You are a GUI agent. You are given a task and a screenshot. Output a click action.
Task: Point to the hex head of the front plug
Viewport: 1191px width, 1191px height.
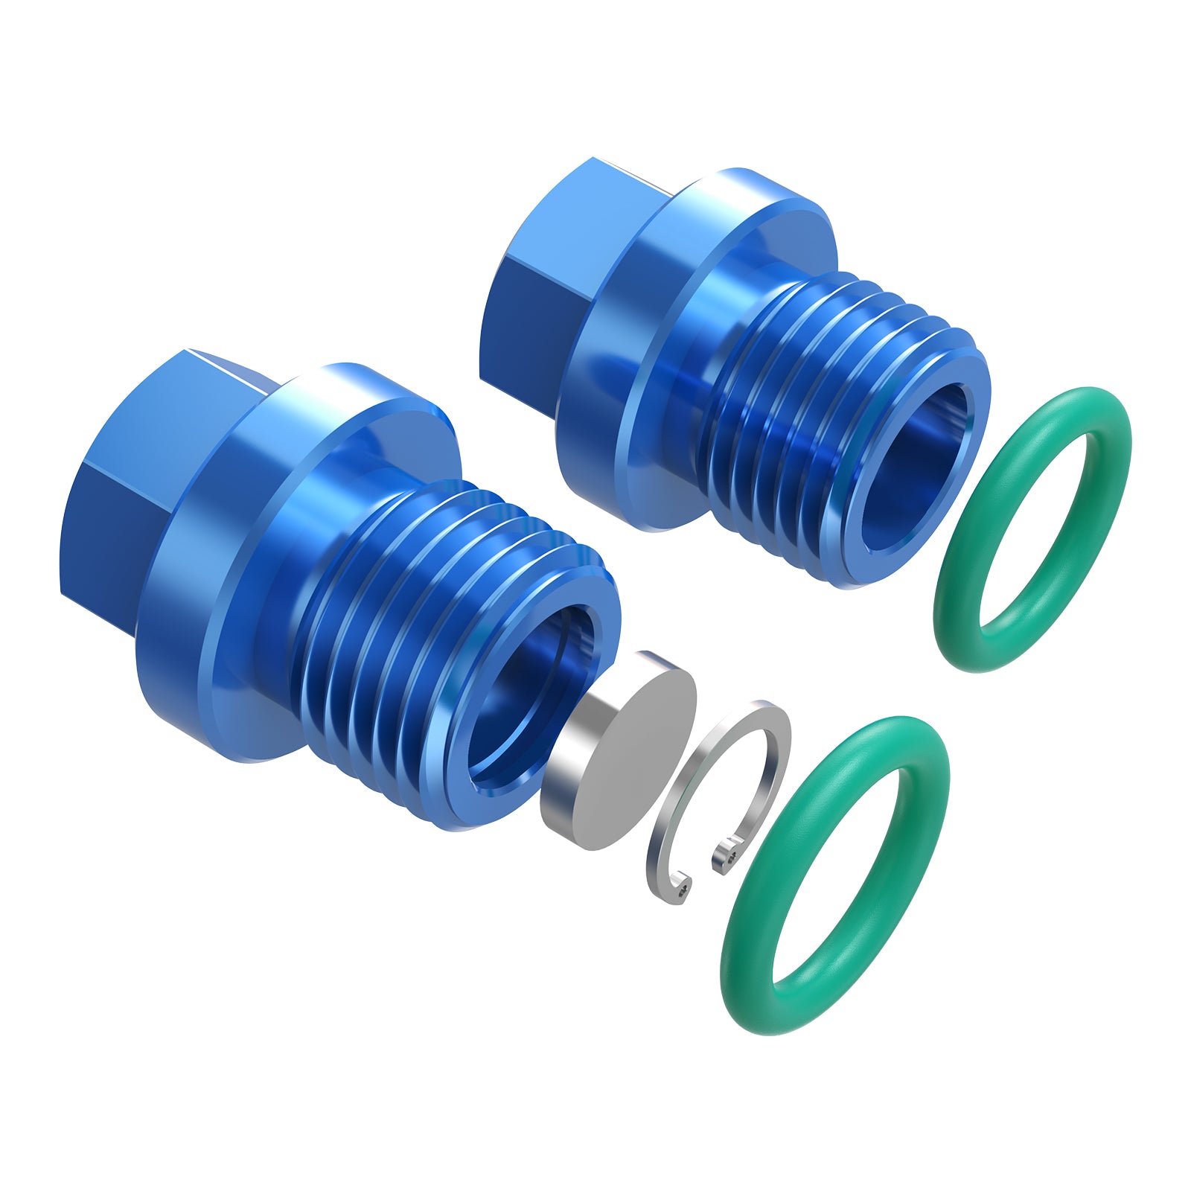coord(149,476)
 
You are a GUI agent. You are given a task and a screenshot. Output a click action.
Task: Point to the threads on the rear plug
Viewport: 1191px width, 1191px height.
coord(789,417)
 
